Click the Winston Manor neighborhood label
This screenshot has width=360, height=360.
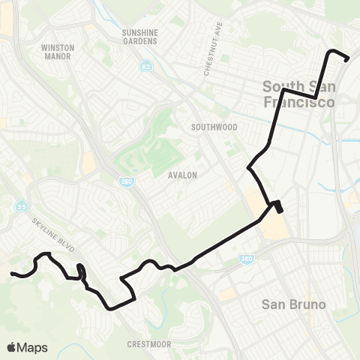[58, 51]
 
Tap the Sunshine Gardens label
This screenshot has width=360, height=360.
[139, 37]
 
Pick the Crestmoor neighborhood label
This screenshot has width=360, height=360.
[149, 344]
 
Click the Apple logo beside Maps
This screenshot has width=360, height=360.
[11, 347]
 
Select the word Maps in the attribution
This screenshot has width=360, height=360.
[32, 347]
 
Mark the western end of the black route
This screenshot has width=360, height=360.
[12, 274]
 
